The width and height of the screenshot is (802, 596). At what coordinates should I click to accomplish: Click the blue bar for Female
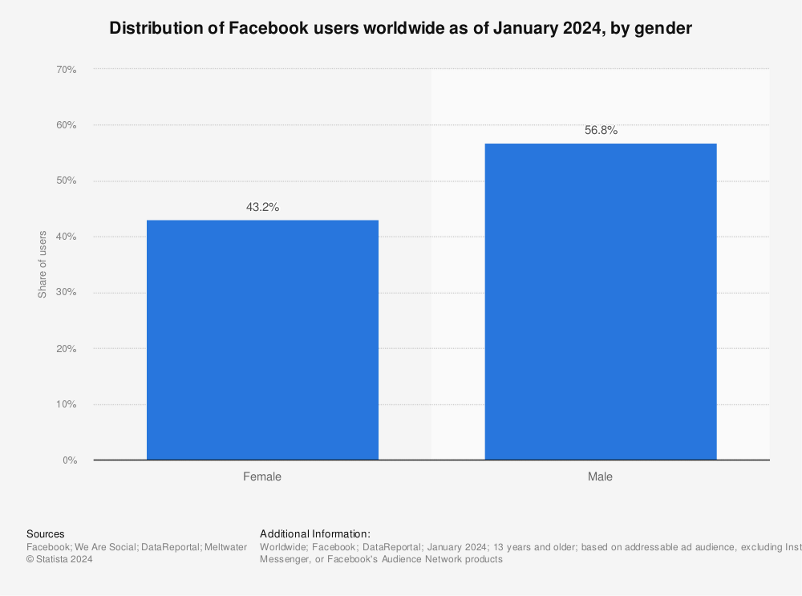(x=262, y=339)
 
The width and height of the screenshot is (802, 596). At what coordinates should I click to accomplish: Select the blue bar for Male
(x=600, y=302)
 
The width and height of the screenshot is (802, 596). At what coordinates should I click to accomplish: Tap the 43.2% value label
(x=262, y=207)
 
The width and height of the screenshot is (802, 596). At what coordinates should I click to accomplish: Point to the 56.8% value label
(x=600, y=130)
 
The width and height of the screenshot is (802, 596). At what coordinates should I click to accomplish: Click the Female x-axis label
(x=262, y=476)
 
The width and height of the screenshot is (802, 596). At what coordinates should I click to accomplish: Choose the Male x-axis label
(x=600, y=476)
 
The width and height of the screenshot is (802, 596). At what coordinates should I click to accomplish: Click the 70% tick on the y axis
(x=66, y=70)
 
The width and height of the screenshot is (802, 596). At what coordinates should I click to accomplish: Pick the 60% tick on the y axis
(x=66, y=125)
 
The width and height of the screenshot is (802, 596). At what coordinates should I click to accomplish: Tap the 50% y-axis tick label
(x=66, y=181)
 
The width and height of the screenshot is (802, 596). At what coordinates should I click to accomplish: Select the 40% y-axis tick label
(x=66, y=237)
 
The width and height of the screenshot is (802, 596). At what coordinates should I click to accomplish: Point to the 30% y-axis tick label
(x=66, y=293)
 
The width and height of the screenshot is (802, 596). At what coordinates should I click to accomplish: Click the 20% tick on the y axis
(x=66, y=349)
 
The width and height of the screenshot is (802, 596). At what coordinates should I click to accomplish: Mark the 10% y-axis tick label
(x=66, y=404)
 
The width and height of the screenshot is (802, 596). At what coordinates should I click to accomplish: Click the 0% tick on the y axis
(x=68, y=460)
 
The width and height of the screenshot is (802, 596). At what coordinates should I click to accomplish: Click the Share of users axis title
(x=43, y=264)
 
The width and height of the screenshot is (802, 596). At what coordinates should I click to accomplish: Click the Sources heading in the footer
(x=46, y=533)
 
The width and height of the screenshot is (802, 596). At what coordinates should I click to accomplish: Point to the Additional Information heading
(x=315, y=533)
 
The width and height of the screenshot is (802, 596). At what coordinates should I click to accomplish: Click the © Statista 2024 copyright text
(x=59, y=559)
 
